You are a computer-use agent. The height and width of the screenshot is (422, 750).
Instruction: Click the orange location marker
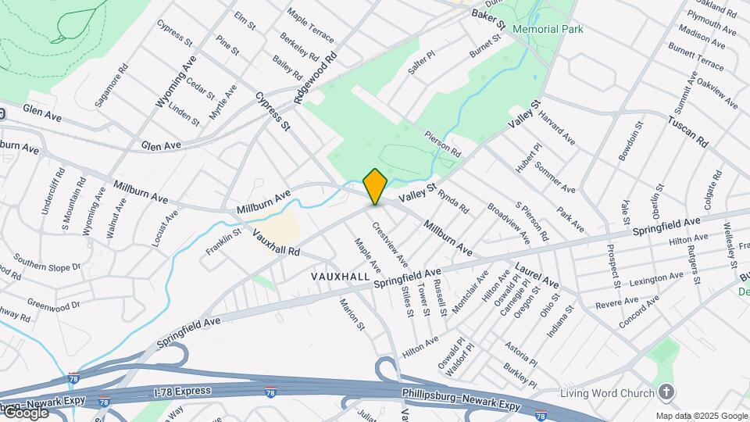click(x=375, y=186)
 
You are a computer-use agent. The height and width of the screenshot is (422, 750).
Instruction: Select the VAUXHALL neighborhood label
click(x=340, y=277)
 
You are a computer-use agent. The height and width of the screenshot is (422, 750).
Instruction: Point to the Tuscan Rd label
click(x=687, y=132)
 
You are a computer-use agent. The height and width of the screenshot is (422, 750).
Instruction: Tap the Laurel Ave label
click(x=537, y=276)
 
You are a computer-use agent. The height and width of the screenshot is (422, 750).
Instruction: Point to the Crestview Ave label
click(x=390, y=243)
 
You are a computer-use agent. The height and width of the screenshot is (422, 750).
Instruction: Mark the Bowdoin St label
click(x=630, y=141)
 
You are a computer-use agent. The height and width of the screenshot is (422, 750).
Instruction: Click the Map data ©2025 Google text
click(x=701, y=416)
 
